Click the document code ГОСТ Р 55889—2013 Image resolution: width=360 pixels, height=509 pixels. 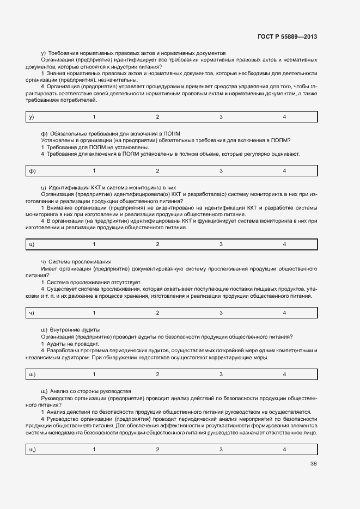tap(286, 36)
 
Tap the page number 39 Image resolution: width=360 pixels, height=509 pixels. tap(313, 464)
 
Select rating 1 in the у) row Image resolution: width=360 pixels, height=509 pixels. tap(94, 117)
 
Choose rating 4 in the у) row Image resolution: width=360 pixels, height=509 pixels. tap(284, 117)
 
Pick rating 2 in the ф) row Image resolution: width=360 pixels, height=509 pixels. tap(157, 171)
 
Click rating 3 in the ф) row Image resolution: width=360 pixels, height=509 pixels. tap(221, 171)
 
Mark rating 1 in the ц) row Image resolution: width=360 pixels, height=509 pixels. tap(94, 244)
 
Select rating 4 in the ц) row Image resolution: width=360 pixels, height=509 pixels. tap(284, 244)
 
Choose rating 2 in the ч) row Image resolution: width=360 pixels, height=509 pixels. tap(157, 313)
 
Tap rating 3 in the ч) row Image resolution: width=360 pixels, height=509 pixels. tap(221, 313)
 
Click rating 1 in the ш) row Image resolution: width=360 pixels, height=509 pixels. tap(94, 375)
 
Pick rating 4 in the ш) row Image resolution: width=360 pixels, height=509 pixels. tap(284, 375)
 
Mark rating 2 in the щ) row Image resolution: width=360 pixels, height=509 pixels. tap(157, 450)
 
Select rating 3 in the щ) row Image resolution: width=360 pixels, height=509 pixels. tap(221, 450)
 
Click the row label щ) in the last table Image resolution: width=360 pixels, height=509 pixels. tap(32, 450)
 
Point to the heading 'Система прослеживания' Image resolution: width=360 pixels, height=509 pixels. tap(80, 262)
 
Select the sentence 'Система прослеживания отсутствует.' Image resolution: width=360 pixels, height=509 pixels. tap(93, 282)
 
